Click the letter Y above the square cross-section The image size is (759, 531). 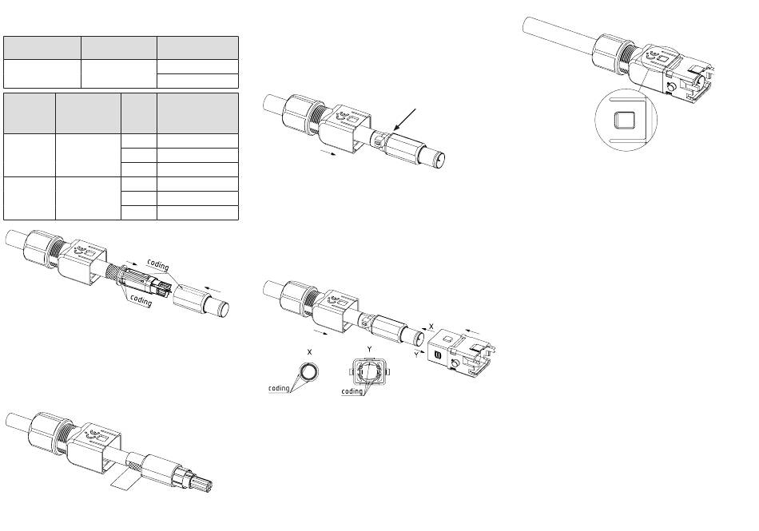coord(368,349)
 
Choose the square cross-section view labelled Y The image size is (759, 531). coord(368,371)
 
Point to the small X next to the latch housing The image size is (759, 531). coord(431,327)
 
